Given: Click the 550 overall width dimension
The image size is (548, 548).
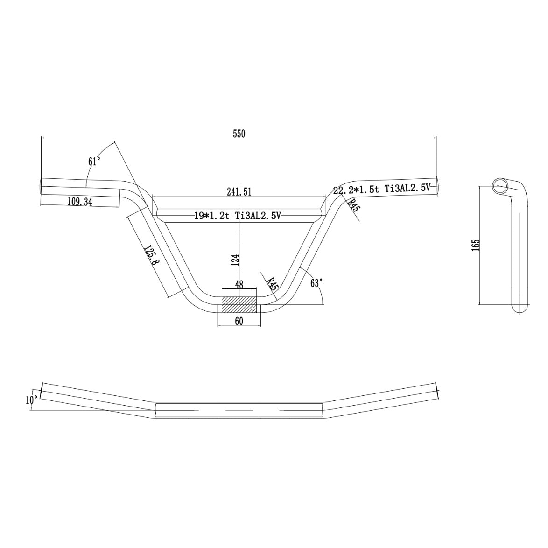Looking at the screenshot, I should (239, 133).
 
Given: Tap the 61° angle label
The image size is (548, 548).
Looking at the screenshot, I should (94, 162).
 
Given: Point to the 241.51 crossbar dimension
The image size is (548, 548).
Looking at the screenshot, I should (239, 191).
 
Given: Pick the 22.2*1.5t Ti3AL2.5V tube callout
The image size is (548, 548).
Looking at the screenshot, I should (385, 189).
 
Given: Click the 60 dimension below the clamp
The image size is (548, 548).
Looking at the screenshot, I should (239, 321).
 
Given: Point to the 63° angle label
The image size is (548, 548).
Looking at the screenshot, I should (316, 283).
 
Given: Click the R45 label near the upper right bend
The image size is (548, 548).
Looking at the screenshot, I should (353, 205).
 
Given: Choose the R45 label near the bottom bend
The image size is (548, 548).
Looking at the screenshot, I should (272, 283).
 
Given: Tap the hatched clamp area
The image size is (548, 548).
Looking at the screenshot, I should (239, 305).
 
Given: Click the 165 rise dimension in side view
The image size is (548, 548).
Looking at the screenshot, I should (476, 245).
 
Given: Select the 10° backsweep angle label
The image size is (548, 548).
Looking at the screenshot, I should (32, 400).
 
